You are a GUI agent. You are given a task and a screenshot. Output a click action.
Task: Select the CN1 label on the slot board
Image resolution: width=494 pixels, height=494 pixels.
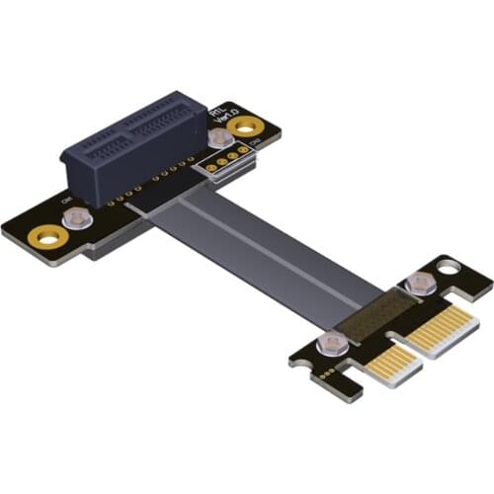67,203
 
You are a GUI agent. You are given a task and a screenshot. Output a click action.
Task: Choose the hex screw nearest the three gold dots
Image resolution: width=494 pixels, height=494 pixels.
332,342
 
